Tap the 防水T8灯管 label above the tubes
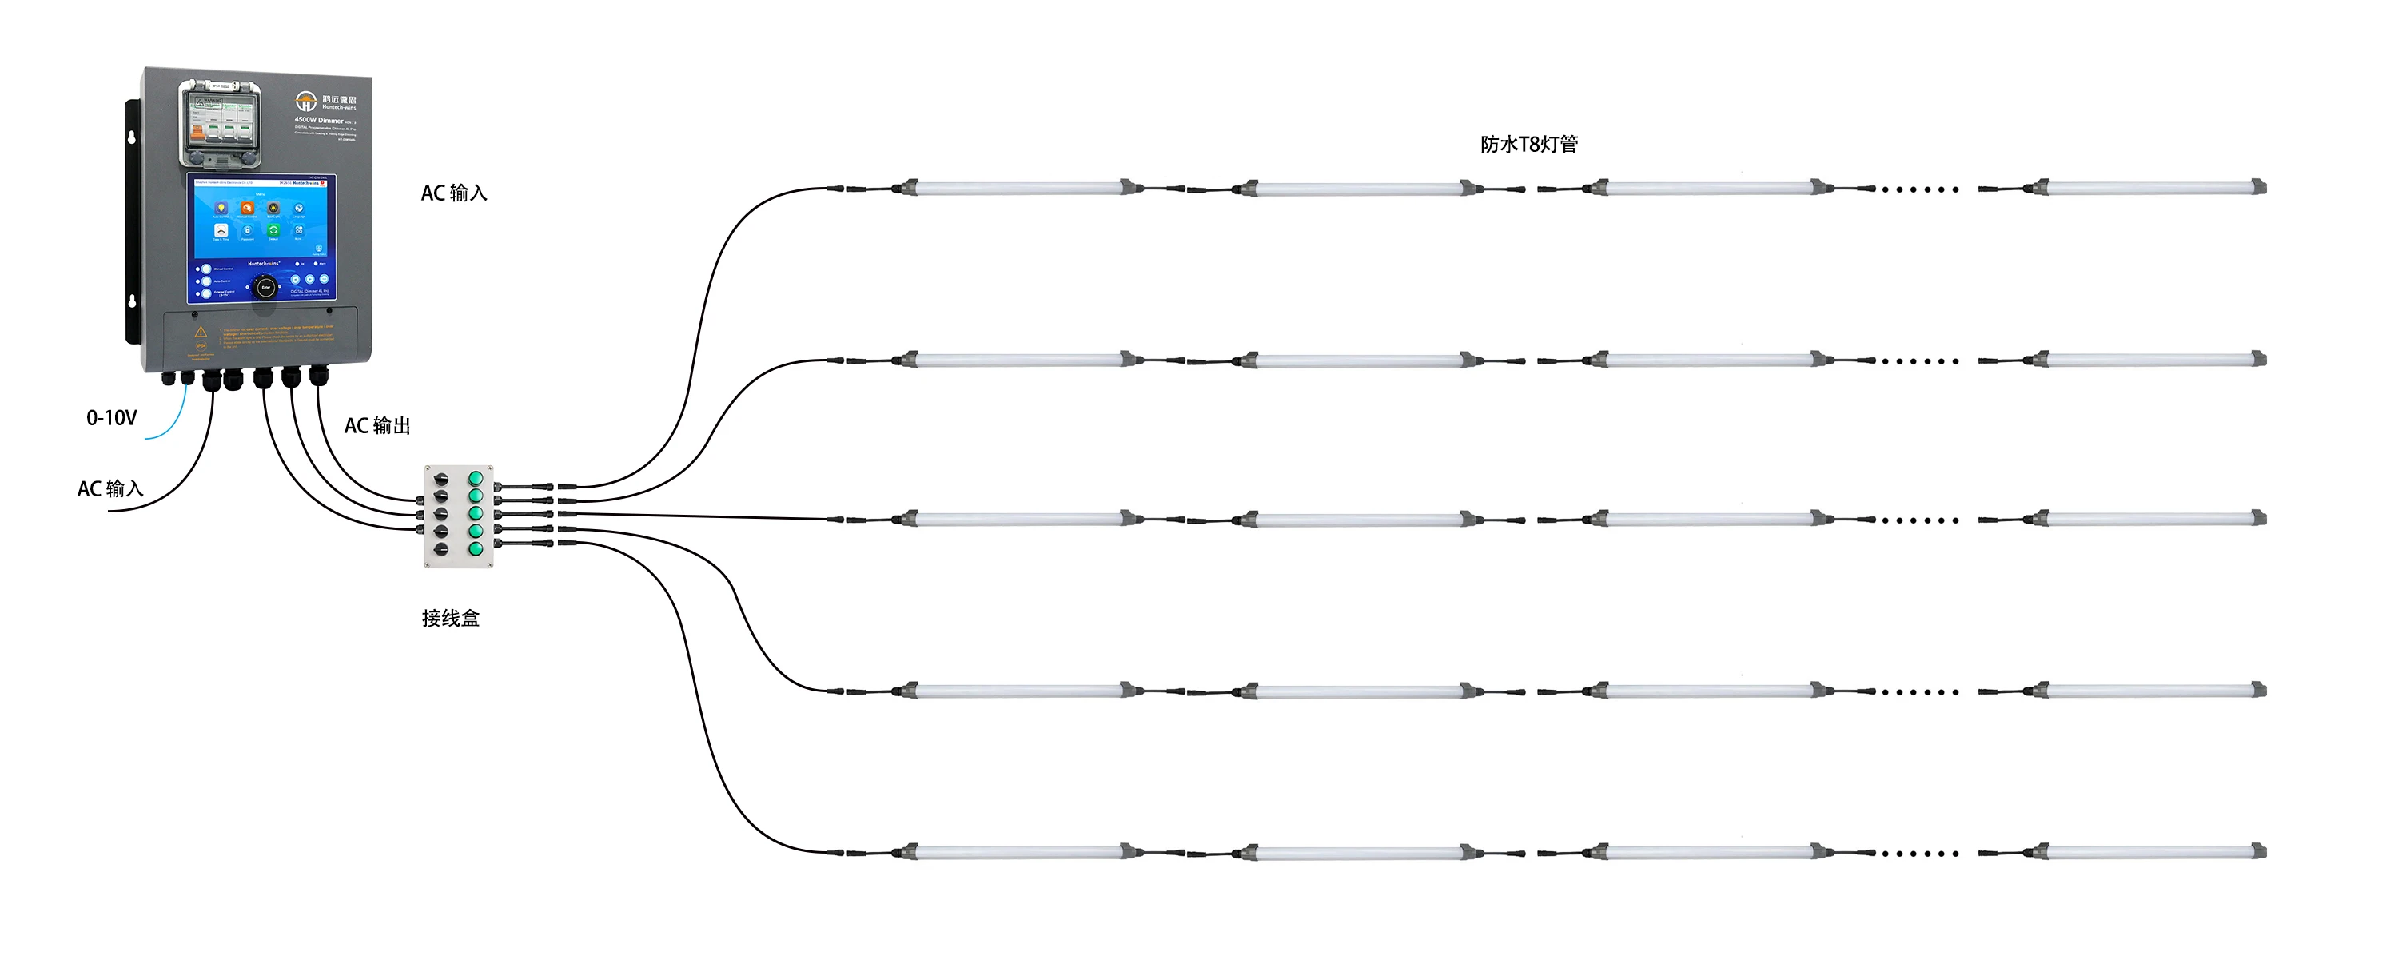[x=1528, y=145]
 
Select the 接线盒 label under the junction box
[x=450, y=618]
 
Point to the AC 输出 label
[x=377, y=426]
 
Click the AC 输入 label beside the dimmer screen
[x=454, y=193]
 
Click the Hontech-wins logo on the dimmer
[x=306, y=101]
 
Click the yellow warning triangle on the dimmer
[x=201, y=332]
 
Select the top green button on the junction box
[x=476, y=478]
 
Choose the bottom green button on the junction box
[x=476, y=549]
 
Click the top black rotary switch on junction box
[x=441, y=479]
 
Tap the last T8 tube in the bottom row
[x=2150, y=851]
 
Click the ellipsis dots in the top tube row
[x=1919, y=190]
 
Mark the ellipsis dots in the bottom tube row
[x=1919, y=854]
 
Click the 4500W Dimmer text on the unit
[x=319, y=120]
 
